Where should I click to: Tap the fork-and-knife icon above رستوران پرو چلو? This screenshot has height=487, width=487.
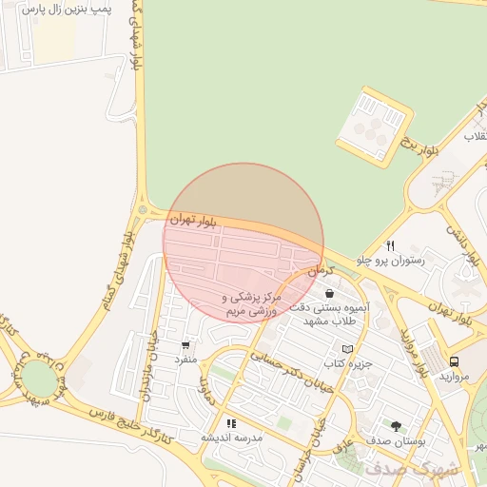[390, 245]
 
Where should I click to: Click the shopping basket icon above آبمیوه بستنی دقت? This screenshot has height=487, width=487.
[329, 294]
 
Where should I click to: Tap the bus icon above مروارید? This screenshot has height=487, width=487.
[454, 362]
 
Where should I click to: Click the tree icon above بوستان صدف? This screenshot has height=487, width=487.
[396, 426]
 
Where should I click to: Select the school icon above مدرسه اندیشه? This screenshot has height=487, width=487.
[231, 423]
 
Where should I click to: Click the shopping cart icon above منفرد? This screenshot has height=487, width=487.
[185, 345]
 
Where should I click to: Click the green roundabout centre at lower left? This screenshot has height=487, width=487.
[39, 375]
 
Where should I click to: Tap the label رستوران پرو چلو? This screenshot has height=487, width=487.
[390, 259]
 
